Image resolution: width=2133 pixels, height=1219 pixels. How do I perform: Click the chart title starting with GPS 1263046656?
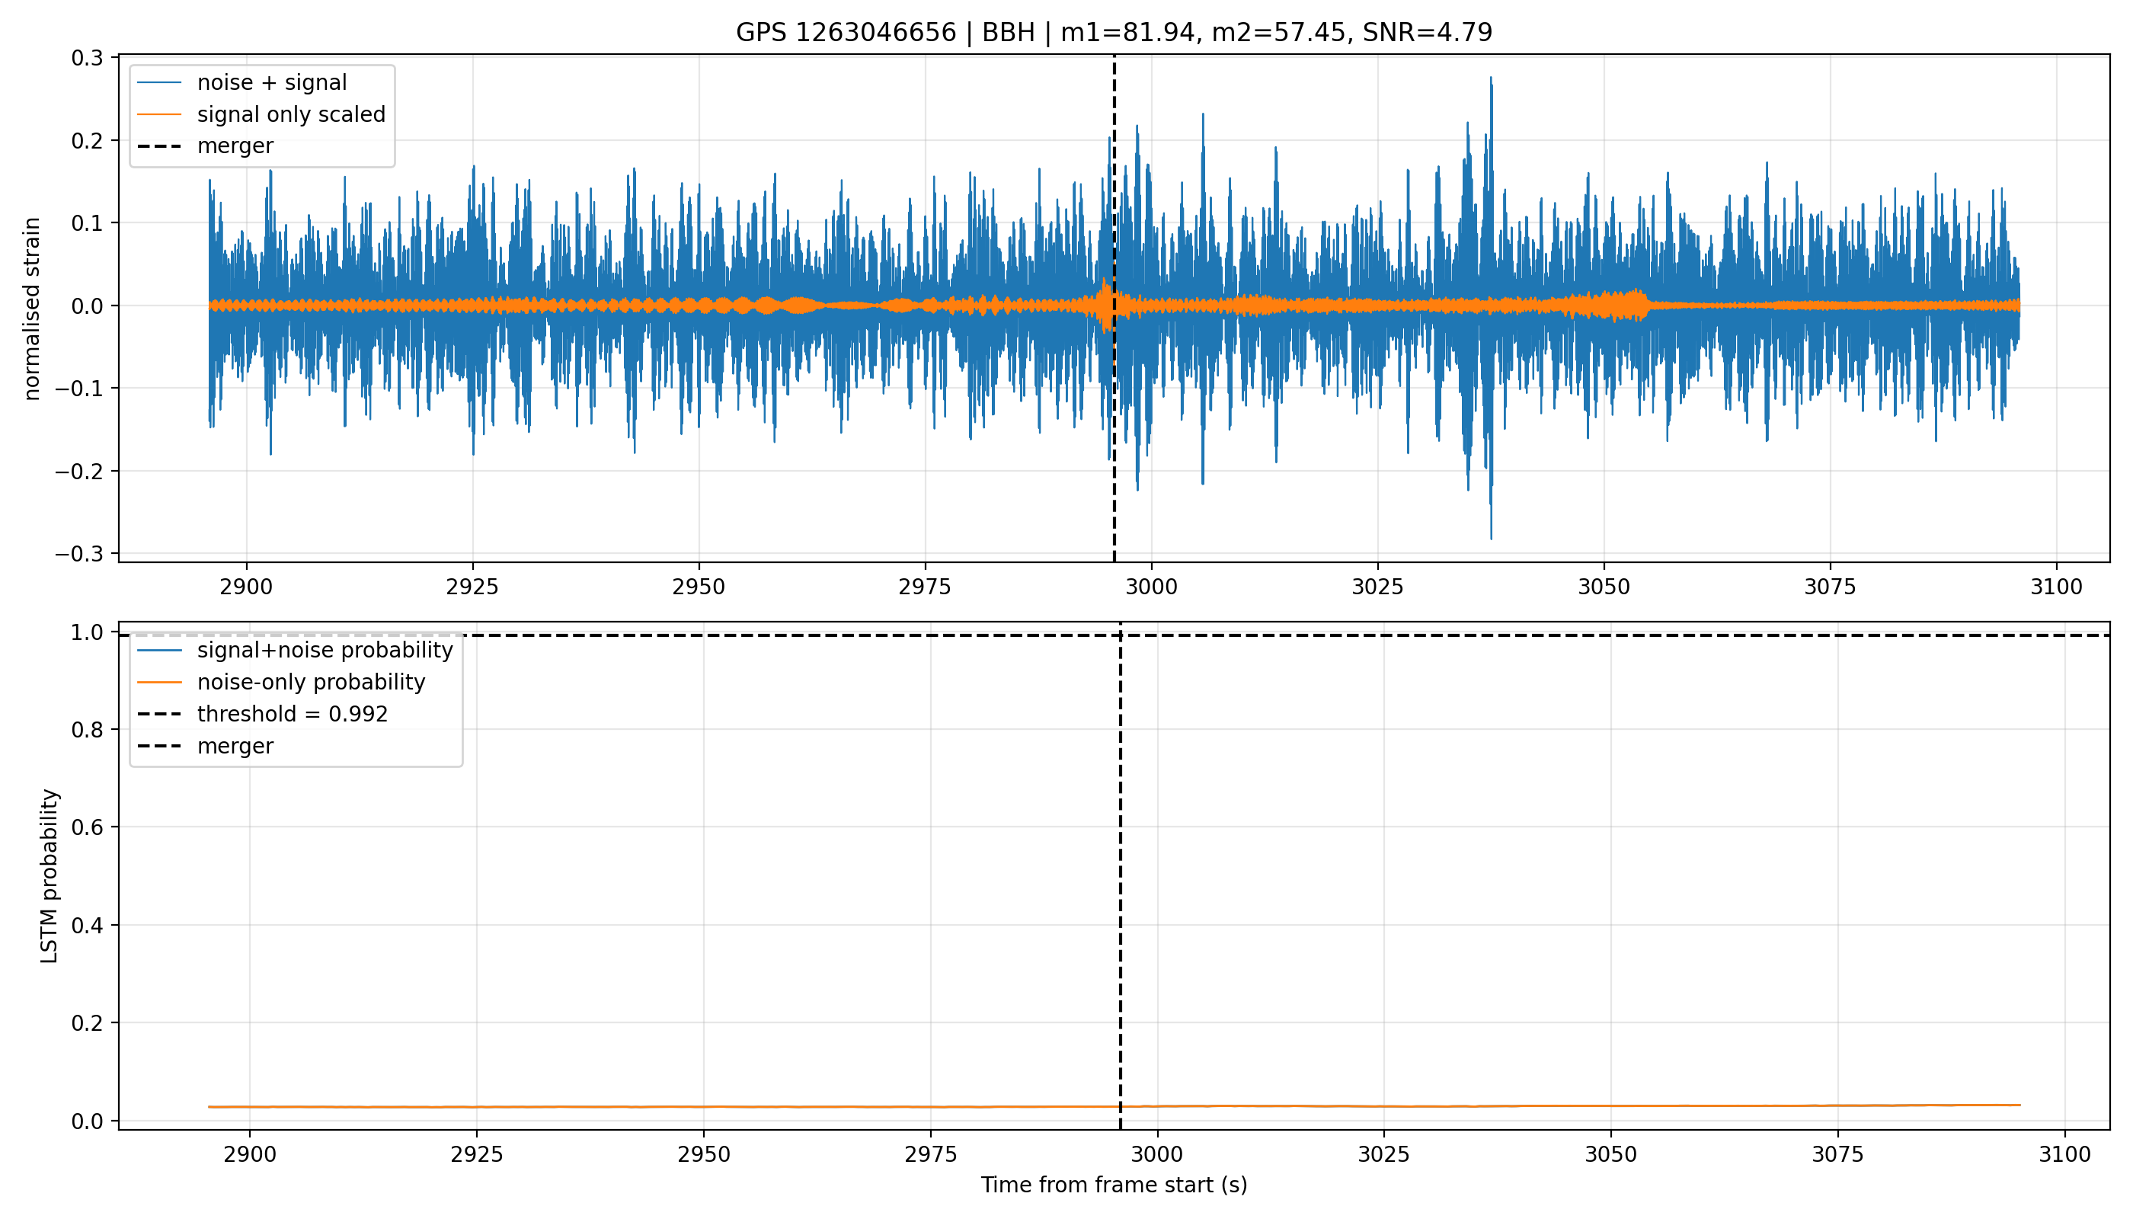tap(1114, 33)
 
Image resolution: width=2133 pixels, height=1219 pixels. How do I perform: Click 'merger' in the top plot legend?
tap(235, 146)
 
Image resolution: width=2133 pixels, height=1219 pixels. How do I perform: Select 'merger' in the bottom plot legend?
tap(235, 746)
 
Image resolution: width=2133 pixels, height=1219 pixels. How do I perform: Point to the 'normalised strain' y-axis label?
tap(32, 308)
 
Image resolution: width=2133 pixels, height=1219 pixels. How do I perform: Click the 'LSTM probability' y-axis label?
tap(50, 875)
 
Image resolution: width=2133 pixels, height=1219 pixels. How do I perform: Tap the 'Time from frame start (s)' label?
tap(1114, 1185)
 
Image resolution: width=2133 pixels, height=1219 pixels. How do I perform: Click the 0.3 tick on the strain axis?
tap(87, 58)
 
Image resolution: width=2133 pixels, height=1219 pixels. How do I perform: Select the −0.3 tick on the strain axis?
tap(78, 554)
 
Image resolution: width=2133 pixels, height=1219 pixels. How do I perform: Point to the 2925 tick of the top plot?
tap(472, 587)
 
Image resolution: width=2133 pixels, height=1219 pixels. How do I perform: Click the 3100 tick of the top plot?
tap(2057, 587)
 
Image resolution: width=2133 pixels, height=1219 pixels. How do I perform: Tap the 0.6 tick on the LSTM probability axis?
tap(87, 827)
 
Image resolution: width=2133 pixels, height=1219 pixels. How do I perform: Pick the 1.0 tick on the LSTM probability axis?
tap(87, 632)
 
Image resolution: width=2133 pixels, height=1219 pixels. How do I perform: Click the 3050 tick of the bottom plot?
tap(1610, 1154)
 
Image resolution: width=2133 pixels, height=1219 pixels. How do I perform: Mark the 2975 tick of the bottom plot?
tap(931, 1154)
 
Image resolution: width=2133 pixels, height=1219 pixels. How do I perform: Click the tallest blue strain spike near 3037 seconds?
tap(1491, 78)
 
